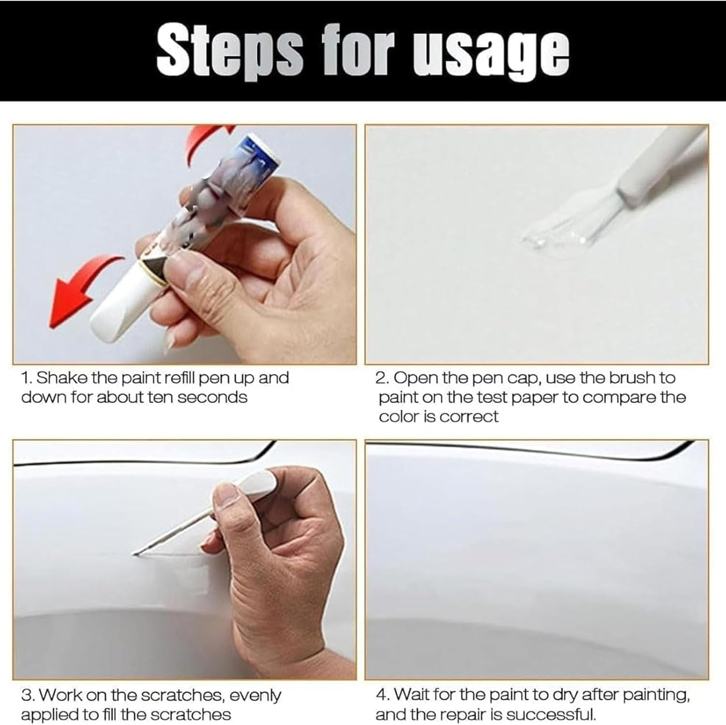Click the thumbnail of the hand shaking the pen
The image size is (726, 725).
point(184,244)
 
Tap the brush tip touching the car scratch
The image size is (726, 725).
point(138,552)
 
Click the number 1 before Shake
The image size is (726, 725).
point(25,378)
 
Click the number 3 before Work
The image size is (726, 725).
point(27,695)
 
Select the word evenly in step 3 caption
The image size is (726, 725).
point(255,695)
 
